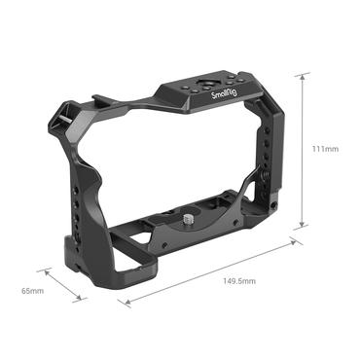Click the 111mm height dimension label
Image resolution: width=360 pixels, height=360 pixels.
pos(325,149)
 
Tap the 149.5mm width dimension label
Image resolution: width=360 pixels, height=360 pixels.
pos(240,281)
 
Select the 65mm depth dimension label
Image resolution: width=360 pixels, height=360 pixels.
pos(32,290)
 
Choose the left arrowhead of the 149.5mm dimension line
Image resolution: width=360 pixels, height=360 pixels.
pos(121,303)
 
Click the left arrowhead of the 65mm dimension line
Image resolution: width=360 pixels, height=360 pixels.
pos(41,269)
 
